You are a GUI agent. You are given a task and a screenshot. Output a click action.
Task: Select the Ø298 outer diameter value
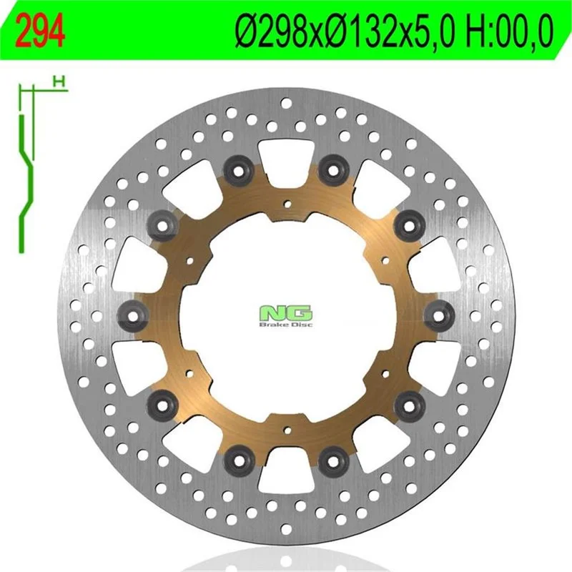click(276, 31)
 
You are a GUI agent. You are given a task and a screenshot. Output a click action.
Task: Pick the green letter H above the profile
click(59, 82)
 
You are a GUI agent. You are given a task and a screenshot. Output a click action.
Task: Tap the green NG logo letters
click(286, 313)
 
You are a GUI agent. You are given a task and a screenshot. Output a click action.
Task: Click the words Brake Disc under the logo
click(286, 325)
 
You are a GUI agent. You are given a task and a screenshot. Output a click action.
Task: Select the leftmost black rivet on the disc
click(134, 315)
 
